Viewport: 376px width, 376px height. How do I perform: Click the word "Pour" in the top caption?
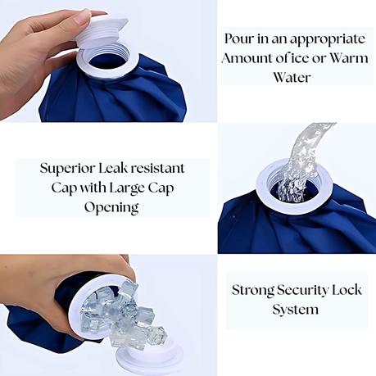click(238, 39)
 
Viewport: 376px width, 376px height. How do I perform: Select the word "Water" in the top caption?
click(292, 77)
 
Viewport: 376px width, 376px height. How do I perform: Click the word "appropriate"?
click(328, 40)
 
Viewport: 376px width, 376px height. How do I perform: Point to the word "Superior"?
click(67, 169)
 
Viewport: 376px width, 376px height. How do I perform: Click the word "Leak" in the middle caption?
click(112, 168)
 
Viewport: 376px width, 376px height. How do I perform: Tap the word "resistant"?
click(157, 168)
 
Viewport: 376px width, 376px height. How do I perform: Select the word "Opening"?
click(111, 208)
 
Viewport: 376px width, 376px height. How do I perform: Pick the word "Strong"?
click(253, 290)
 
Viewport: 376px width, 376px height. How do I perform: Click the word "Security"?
click(303, 291)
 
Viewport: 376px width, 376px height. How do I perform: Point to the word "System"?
click(296, 310)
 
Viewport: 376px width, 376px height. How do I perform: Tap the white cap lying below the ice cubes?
click(149, 360)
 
